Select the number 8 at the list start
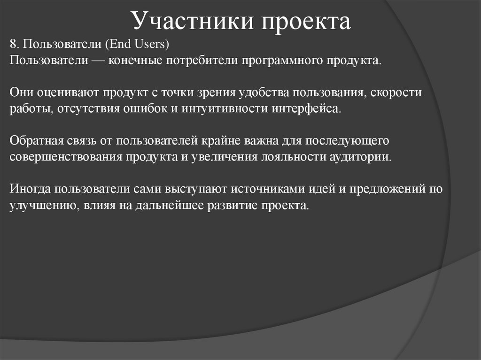click(13, 45)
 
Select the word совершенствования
click(65, 156)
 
